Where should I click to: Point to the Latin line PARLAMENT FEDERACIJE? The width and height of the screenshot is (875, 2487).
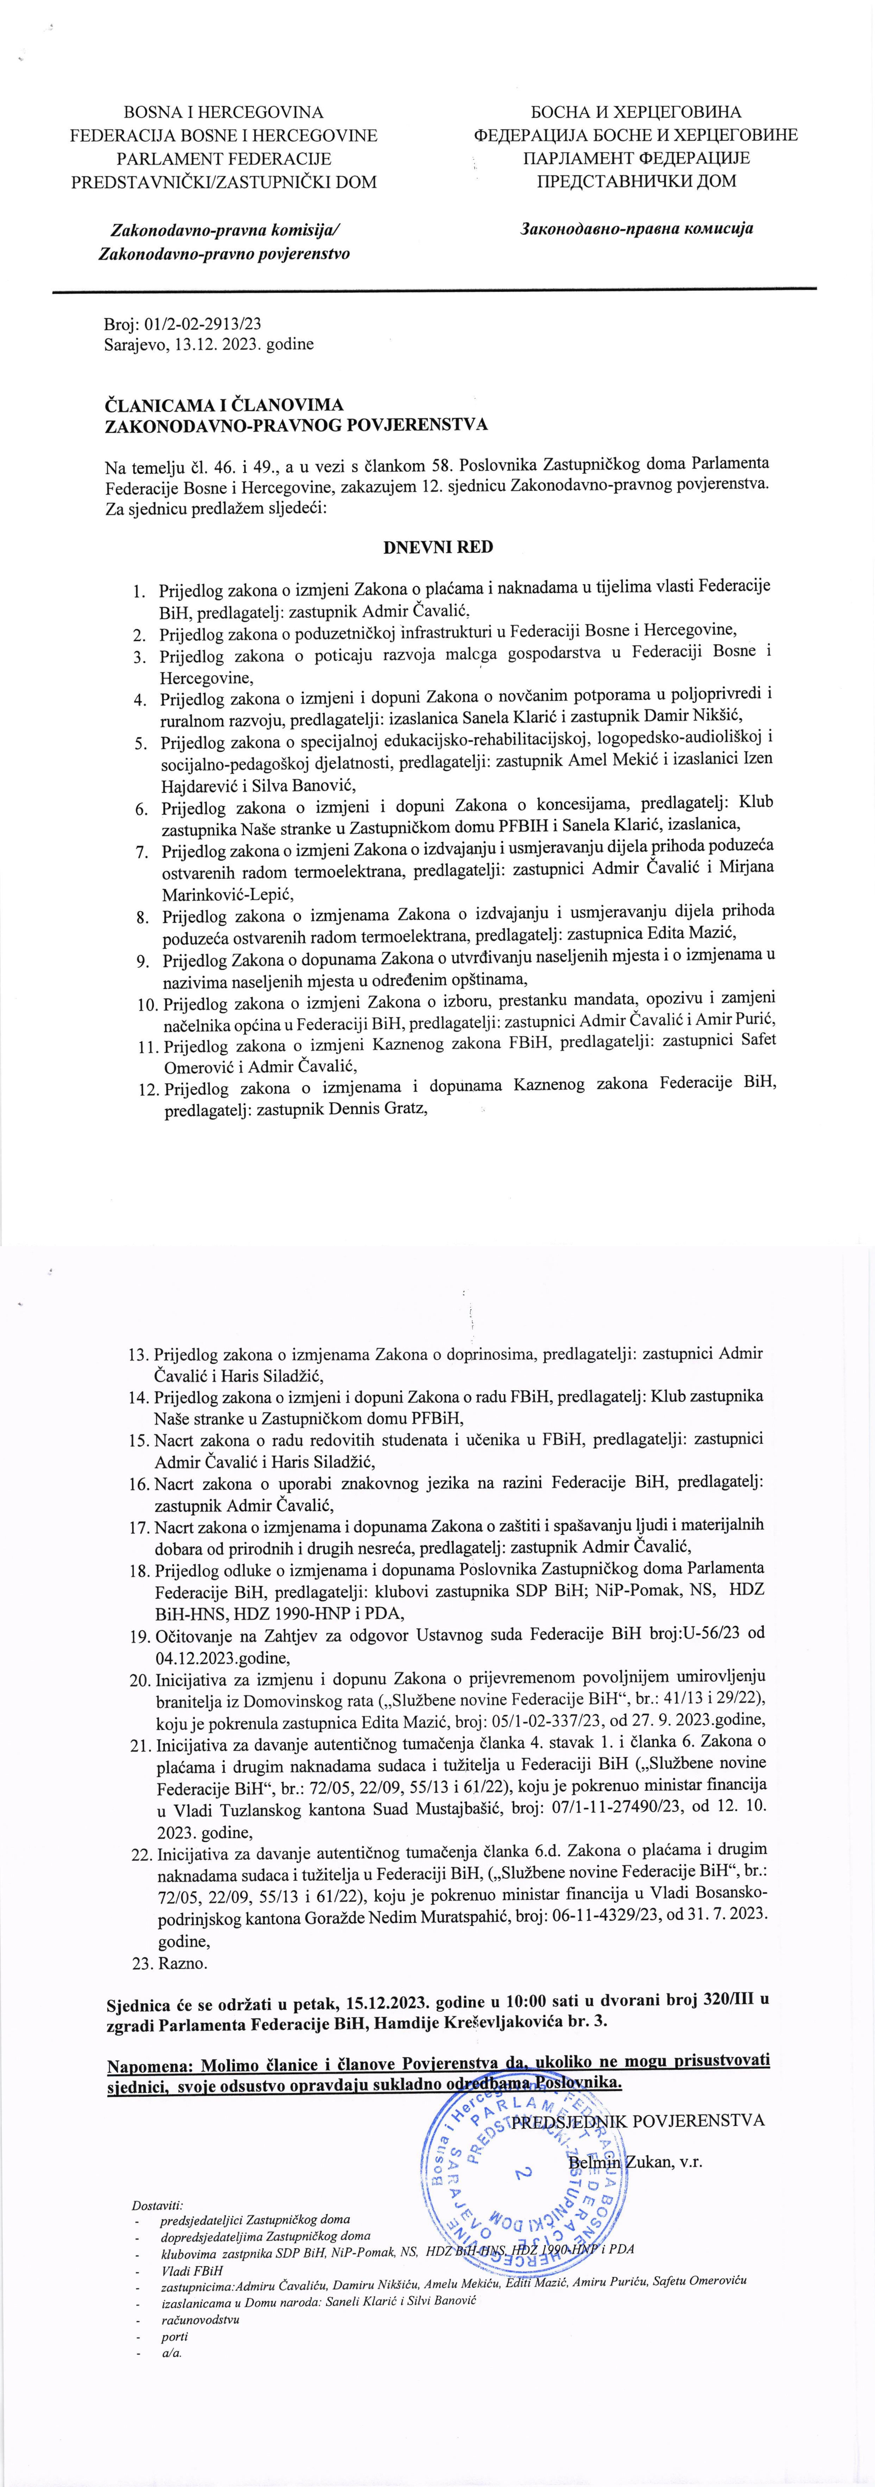point(224,158)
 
